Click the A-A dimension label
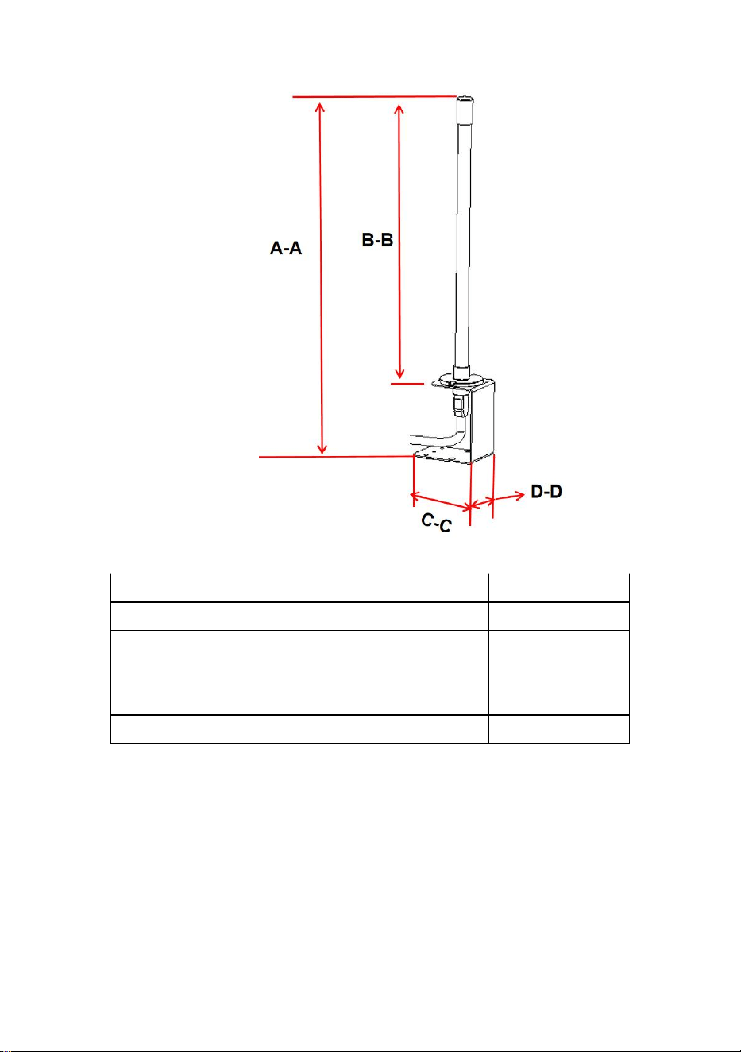pos(285,247)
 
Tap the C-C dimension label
pos(436,522)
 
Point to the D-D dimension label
pos(546,491)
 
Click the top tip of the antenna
pos(465,97)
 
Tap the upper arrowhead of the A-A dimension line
pos(320,107)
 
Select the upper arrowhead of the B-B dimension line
pos(399,109)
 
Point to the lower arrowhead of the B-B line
pos(399,373)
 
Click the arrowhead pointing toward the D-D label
pos(519,494)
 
